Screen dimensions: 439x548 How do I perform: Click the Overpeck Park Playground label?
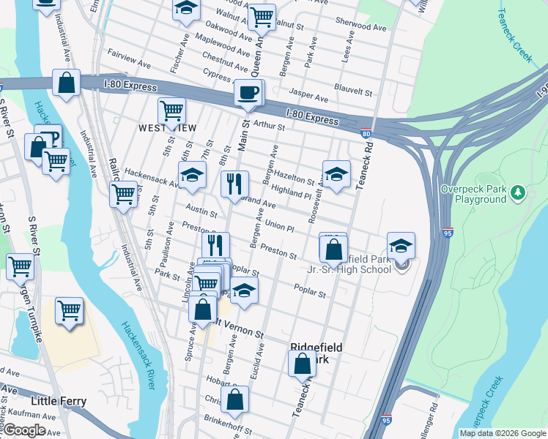[474, 194]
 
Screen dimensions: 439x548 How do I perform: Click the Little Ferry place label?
[59, 401]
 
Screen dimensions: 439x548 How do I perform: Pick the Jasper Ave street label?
[308, 95]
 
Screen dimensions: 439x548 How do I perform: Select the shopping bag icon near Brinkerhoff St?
[234, 400]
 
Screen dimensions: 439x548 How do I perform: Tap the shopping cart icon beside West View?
[171, 112]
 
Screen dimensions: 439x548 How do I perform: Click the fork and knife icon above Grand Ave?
[235, 184]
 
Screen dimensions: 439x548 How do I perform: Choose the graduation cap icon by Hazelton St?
[336, 174]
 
